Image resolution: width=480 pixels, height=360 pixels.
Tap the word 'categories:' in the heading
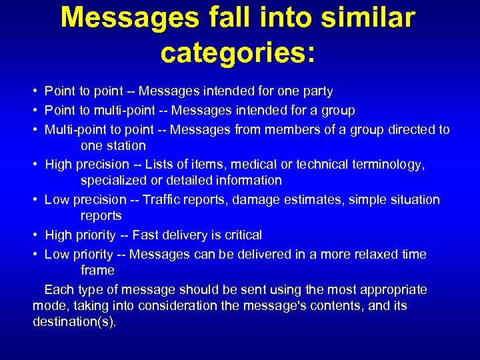238,52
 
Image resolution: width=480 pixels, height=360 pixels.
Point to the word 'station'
126,145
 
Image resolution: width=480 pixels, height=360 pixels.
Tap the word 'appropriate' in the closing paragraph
393,290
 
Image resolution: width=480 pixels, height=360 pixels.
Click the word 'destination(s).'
74,322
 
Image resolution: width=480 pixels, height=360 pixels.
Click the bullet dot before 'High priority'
35,235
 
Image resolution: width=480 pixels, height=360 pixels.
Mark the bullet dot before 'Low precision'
35,200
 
